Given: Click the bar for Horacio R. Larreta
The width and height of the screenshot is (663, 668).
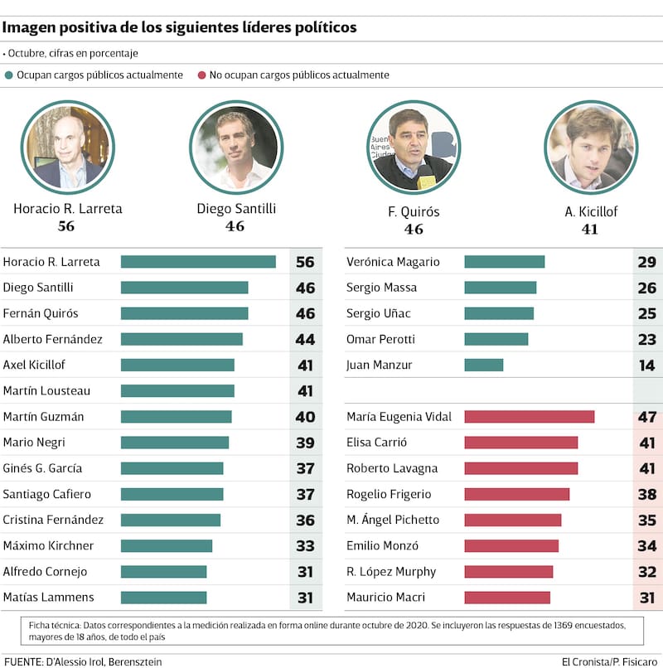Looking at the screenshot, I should (x=198, y=262).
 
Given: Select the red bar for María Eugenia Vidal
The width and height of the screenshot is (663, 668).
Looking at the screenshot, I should (x=529, y=417).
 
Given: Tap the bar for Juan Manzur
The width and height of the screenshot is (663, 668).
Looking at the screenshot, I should (x=483, y=365).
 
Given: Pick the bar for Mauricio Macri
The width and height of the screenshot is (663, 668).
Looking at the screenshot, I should (x=506, y=598).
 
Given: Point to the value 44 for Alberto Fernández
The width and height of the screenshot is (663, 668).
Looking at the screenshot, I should (x=305, y=340).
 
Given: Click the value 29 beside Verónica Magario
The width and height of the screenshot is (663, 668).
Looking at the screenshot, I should (x=647, y=262).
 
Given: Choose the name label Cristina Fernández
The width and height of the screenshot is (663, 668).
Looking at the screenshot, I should (x=53, y=520).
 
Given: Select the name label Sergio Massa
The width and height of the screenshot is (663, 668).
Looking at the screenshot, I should (x=381, y=288).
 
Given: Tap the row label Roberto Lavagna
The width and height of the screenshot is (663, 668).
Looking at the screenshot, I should (x=392, y=468).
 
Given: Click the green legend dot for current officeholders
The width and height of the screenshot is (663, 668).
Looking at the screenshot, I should (x=9, y=75).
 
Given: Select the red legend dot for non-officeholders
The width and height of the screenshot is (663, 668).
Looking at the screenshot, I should (x=201, y=75).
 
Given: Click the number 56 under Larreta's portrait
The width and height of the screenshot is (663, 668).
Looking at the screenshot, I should (x=66, y=226).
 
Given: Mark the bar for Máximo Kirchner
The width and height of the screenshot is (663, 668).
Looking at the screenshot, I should (x=167, y=546).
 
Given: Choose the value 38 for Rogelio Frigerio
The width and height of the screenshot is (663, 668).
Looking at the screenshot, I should (x=647, y=495).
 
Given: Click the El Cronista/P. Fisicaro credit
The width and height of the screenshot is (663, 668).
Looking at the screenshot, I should (x=610, y=661).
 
